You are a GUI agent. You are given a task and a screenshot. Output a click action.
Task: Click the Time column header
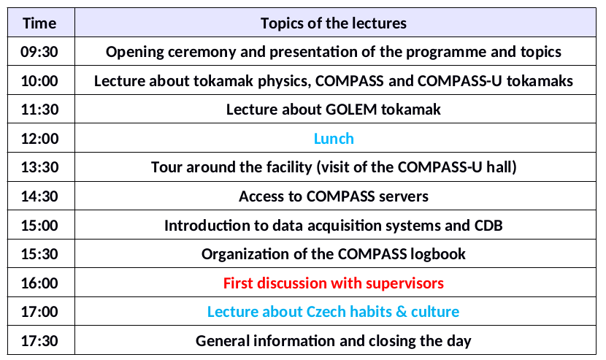[39, 23]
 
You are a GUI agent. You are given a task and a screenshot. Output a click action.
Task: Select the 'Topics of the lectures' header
[334, 23]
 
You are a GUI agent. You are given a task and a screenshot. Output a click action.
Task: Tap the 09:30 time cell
[39, 52]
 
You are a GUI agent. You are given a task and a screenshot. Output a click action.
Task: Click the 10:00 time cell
[39, 81]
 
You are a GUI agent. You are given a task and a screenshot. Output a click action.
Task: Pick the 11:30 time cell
[39, 110]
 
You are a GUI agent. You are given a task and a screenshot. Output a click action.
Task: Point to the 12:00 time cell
[39, 139]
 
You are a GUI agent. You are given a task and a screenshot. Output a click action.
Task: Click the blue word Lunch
[334, 139]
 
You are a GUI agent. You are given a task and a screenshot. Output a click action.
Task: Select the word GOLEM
[351, 110]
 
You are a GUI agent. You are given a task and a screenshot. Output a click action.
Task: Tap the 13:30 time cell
[39, 167]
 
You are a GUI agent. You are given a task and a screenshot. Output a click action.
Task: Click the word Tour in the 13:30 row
[166, 167]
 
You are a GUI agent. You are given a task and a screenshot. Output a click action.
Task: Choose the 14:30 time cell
[39, 196]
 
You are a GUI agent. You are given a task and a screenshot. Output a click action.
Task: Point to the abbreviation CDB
[488, 226]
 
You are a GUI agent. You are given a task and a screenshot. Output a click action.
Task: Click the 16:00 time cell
[39, 283]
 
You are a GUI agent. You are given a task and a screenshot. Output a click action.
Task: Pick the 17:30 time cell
[39, 341]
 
